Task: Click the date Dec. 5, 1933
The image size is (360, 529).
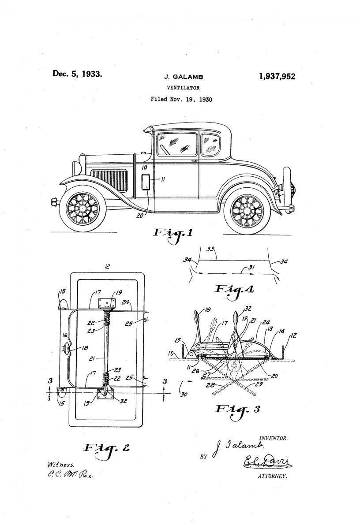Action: click(77, 73)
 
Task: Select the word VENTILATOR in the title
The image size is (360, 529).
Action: click(181, 88)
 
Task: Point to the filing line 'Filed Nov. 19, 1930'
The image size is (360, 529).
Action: click(181, 99)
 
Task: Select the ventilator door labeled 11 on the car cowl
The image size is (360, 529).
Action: click(145, 182)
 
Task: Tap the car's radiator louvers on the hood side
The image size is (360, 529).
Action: click(110, 181)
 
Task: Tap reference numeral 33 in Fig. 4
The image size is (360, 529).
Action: click(211, 250)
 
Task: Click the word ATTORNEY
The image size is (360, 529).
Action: click(272, 476)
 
